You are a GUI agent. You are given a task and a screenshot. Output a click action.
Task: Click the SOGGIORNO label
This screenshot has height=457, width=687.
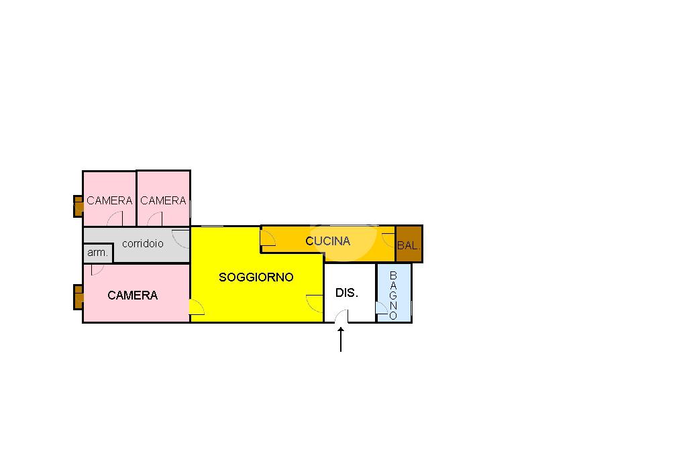click(256, 277)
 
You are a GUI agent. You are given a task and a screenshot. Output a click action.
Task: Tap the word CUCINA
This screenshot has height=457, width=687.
click(327, 241)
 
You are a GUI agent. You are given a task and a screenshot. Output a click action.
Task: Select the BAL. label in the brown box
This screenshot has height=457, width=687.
click(409, 246)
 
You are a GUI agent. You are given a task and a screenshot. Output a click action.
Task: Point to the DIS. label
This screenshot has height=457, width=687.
click(347, 293)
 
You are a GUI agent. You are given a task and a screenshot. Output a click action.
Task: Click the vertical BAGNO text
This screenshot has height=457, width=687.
click(393, 296)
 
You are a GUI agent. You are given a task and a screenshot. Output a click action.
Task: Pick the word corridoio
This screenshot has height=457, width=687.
click(142, 243)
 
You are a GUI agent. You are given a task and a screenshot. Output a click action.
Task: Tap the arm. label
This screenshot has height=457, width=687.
click(97, 253)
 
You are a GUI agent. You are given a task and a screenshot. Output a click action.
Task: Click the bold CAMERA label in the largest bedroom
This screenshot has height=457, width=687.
click(132, 295)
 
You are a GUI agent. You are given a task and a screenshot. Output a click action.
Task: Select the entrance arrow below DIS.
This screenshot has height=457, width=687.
click(341, 339)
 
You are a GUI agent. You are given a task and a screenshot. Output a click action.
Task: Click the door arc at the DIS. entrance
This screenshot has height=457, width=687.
click(341, 316)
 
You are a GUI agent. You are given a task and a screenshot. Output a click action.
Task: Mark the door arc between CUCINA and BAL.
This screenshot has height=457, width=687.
click(388, 240)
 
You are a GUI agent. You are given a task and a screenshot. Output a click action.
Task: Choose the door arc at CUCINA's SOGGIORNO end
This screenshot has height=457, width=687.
click(268, 237)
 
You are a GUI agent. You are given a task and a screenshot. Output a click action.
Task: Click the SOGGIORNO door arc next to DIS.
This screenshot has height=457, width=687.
click(314, 303)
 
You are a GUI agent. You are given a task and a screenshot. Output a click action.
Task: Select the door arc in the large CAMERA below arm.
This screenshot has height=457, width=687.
click(97, 269)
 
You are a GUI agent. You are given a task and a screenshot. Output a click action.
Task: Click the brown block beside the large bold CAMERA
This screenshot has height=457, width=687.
click(78, 297)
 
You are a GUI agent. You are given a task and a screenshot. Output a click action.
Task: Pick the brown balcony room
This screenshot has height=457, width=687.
click(409, 244)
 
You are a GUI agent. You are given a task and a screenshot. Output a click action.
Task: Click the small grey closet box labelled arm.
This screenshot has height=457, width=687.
click(98, 253)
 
